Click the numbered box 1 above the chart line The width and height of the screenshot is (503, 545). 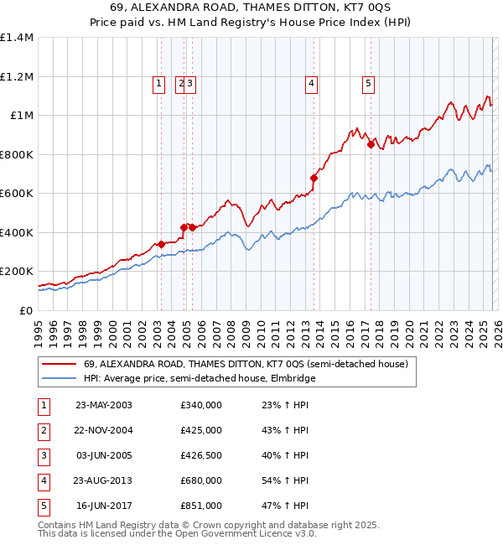pos(158,83)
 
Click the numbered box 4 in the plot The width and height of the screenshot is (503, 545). pos(311,83)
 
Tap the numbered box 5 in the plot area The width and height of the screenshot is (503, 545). pos(368,83)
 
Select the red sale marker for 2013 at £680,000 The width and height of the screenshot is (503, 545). pos(314,178)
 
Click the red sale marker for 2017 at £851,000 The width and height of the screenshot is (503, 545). pos(371,144)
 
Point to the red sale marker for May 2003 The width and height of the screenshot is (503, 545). pos(161,244)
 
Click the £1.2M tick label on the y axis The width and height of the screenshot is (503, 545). pos(17,76)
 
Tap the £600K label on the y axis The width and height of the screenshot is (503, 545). pos(17,193)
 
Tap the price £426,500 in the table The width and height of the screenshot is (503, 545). pos(201,455)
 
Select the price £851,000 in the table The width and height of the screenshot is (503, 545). pos(201,506)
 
